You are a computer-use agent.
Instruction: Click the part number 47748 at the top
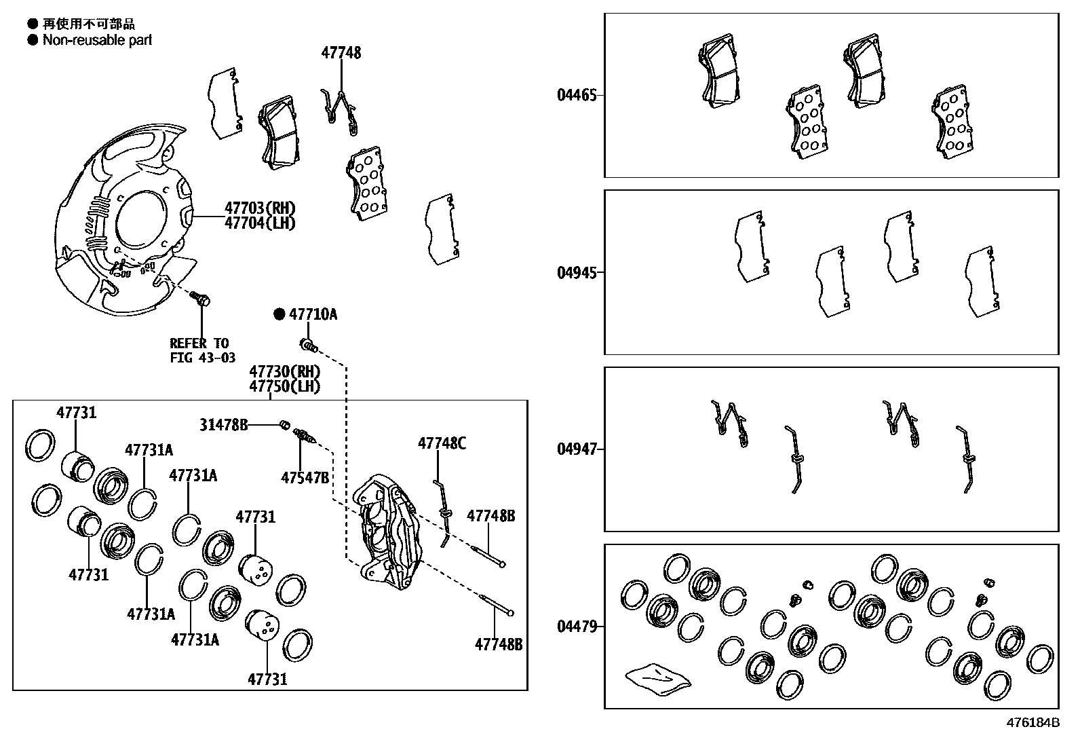tap(341, 53)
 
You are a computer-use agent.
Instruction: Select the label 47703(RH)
tap(260, 208)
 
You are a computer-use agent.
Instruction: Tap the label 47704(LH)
tap(260, 223)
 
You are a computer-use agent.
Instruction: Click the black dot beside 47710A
tap(279, 314)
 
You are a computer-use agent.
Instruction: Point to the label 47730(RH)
tap(284, 371)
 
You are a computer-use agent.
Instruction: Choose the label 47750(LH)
tap(284, 386)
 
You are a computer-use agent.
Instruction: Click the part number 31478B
tap(223, 425)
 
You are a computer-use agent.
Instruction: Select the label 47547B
tap(305, 478)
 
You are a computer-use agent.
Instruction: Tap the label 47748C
tap(442, 443)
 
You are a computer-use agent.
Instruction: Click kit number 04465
tap(577, 95)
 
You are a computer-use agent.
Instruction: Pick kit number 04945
tap(577, 273)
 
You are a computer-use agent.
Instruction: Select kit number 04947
tap(577, 449)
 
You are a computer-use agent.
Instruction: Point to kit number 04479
tap(577, 627)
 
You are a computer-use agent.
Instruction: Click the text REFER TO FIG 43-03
tap(201, 350)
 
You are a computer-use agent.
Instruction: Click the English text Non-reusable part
tap(97, 40)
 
